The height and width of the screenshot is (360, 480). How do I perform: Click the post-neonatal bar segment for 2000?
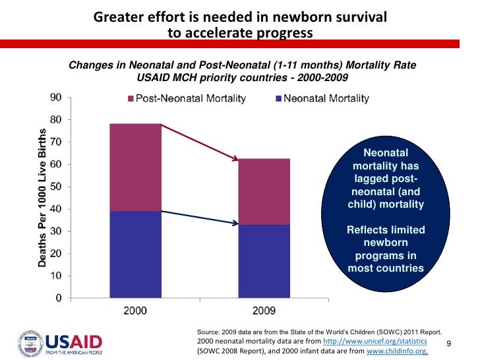(135, 167)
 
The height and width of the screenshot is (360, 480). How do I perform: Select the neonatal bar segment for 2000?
(135, 254)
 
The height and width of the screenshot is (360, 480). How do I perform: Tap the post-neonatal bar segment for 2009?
(264, 191)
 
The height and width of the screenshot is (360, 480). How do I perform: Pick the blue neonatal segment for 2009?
(264, 261)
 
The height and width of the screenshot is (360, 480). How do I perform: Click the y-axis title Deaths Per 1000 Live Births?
(42, 198)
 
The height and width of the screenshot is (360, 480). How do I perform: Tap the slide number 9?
(449, 344)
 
